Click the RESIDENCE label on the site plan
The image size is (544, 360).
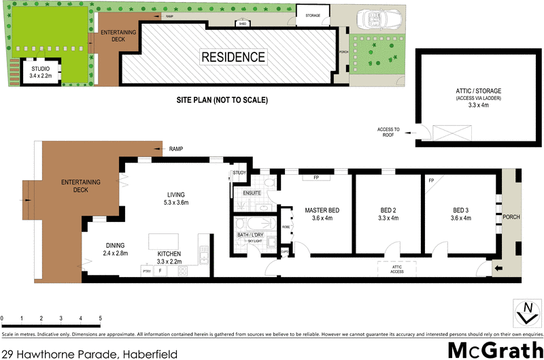point(233,56)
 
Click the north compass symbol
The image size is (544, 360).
point(525,312)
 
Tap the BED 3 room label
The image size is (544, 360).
point(459,214)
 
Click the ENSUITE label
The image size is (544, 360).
point(252,194)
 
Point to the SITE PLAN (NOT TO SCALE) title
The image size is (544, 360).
point(222,100)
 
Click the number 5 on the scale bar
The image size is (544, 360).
point(101,318)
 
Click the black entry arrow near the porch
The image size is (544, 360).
point(498,269)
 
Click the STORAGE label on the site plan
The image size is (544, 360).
point(312,15)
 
